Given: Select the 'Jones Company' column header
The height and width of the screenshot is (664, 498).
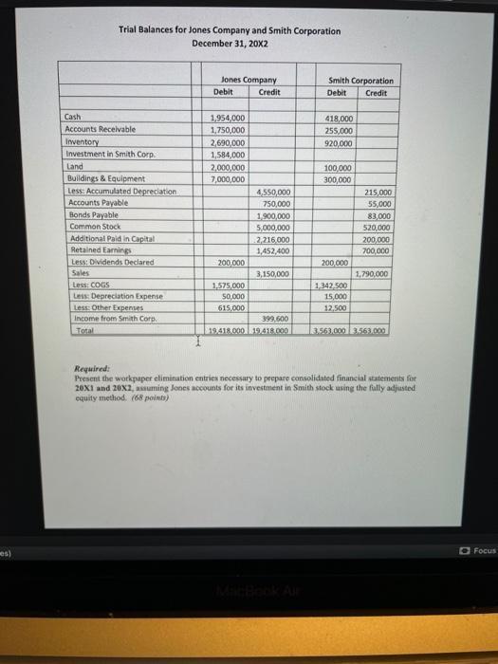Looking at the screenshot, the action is [x=249, y=81].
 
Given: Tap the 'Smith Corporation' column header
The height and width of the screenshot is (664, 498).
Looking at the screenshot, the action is [x=360, y=81].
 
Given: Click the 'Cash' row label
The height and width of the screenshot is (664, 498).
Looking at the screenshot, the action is [x=73, y=117].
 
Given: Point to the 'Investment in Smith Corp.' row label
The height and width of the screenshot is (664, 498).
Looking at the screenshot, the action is [x=101, y=154].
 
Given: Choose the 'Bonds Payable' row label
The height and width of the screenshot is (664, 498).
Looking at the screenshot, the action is [x=87, y=215].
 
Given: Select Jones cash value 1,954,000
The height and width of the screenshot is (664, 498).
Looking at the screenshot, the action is [x=227, y=118].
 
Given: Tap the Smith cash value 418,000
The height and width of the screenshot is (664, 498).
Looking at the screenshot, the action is [x=338, y=118].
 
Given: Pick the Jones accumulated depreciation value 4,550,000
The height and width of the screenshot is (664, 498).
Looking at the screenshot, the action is [x=273, y=192].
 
